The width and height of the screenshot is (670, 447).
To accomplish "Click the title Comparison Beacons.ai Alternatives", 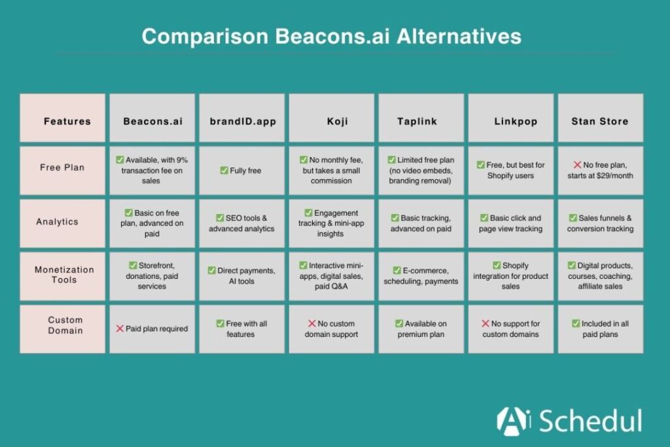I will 331,35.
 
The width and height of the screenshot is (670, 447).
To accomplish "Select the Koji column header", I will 332,121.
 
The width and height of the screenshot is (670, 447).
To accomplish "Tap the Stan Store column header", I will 600,121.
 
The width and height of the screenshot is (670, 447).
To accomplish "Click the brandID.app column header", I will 242,121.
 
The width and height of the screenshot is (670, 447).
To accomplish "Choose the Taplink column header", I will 421,121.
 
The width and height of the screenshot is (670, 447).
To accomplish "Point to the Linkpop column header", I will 510,121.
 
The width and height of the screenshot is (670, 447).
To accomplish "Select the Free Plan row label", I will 62,167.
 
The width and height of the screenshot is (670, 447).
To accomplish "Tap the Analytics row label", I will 62,221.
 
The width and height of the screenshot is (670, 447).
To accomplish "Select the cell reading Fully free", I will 242,171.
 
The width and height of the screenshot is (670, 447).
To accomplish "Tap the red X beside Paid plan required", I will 120,329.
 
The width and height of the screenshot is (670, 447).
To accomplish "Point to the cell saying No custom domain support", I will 331,329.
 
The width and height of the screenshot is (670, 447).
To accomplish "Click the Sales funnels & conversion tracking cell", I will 600,223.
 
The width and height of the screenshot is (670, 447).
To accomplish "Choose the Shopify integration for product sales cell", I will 510,276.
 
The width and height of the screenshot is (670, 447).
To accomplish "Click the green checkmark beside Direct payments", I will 211,270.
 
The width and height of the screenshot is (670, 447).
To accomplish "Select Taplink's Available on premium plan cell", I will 421,329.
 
